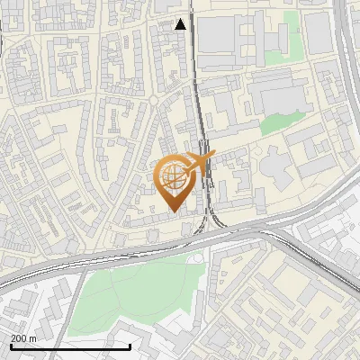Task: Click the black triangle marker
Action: click(181, 24)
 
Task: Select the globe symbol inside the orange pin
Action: click(172, 176)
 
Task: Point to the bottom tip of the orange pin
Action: click(173, 211)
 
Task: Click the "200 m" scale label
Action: click(23, 337)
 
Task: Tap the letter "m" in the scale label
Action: click(32, 337)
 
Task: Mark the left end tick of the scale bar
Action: click(10, 346)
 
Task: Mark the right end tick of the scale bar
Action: click(130, 346)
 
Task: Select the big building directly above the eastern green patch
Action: click(279, 94)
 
